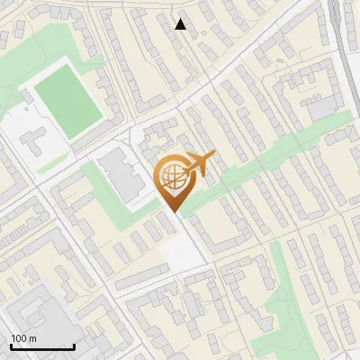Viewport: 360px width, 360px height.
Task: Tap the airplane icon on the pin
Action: (199, 164)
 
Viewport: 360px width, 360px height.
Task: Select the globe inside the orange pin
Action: (170, 177)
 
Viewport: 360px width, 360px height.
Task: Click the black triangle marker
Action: (181, 24)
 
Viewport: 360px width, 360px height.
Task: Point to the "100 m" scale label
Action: (22, 338)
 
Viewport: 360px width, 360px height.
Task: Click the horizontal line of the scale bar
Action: (42, 346)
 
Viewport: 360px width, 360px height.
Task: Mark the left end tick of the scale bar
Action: (11, 345)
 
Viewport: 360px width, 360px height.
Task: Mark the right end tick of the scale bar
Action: (74, 345)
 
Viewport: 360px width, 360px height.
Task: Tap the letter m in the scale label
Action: (32, 338)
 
